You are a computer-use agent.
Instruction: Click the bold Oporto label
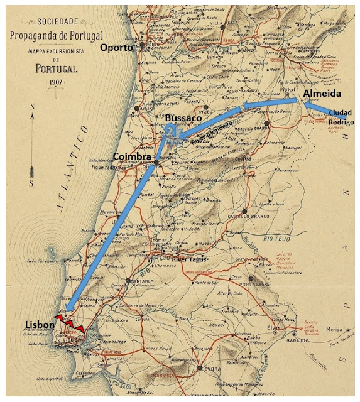tap(117, 47)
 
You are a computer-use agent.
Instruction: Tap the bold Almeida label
tap(323, 93)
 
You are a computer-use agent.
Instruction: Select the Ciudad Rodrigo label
tap(341, 117)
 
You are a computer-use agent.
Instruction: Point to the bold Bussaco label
tap(183, 117)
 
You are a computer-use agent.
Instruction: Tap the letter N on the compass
tap(31, 107)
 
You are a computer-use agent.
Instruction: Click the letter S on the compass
tap(31, 183)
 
